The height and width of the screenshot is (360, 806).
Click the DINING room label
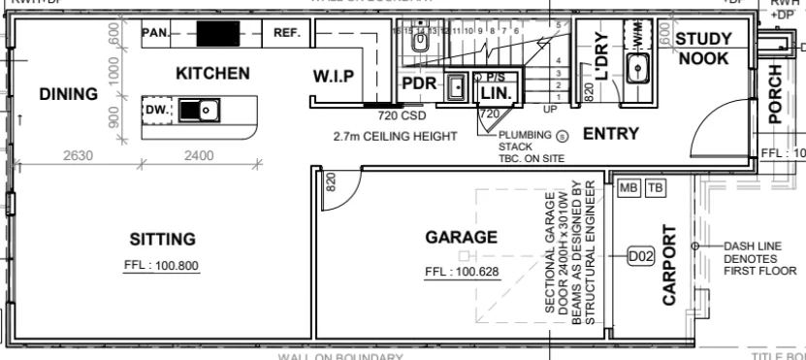[x=69, y=94]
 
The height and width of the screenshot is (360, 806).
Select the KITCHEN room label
[x=212, y=74]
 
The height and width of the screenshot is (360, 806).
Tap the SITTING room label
[x=163, y=240]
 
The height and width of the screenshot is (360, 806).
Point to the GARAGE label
[x=462, y=237]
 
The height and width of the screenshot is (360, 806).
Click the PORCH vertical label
[x=775, y=94]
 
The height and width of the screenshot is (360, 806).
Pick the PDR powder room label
[x=419, y=83]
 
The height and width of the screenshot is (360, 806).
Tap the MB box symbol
[x=627, y=188]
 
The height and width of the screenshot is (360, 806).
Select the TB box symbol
[x=654, y=188]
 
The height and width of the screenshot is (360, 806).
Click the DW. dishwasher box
[x=157, y=111]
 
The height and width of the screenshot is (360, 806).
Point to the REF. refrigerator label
[x=287, y=33]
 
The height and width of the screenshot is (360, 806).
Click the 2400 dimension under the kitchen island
[x=199, y=155]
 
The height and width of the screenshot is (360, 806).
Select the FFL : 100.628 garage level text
[x=462, y=271]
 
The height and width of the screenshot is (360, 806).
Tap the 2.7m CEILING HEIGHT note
[x=394, y=137]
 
